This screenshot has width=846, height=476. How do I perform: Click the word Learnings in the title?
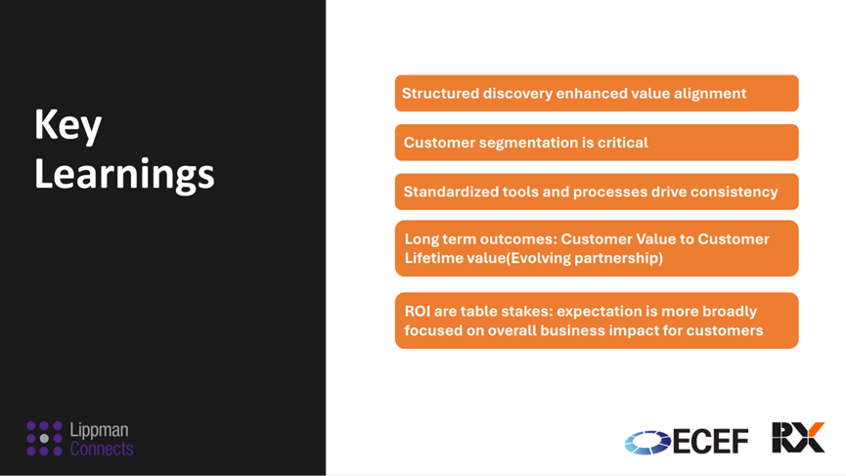click(x=124, y=174)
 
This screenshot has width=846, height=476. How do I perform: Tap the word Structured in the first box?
click(x=440, y=93)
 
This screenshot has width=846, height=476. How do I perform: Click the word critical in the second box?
click(x=623, y=143)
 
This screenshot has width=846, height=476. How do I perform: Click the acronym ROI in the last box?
click(x=417, y=311)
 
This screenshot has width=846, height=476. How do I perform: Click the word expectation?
click(x=599, y=312)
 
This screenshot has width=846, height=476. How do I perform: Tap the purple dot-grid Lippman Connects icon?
click(x=44, y=438)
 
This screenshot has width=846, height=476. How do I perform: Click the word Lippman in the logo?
click(x=100, y=430)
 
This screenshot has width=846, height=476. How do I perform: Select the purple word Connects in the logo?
click(x=102, y=448)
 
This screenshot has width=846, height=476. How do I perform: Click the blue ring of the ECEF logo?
click(x=647, y=443)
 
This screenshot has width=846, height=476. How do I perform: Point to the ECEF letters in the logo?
click(x=711, y=442)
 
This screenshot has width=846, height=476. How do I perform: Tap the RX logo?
click(x=798, y=437)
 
